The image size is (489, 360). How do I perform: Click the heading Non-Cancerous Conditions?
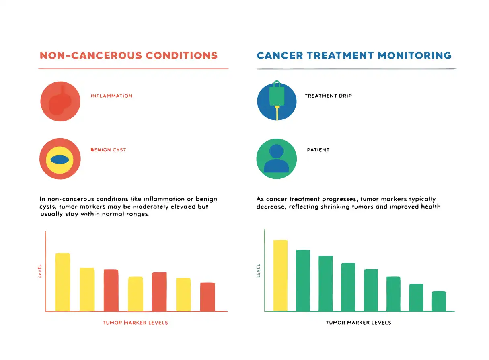click(x=129, y=55)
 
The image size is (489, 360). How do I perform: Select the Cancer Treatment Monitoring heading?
click(x=354, y=55)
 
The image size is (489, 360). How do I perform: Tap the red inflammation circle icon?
click(x=60, y=101)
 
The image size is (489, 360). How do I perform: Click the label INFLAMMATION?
click(x=111, y=96)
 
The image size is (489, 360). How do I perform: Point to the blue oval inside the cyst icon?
click(x=60, y=160)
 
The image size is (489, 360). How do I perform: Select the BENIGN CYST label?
click(x=108, y=150)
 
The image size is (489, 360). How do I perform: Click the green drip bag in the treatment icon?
click(x=277, y=96)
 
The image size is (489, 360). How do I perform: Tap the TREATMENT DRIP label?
click(x=328, y=96)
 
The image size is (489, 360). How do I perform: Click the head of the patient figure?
click(x=276, y=151)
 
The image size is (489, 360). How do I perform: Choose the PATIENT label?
click(x=318, y=150)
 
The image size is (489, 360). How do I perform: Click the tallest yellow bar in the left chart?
click(x=63, y=282)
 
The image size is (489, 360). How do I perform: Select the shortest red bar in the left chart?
click(x=208, y=297)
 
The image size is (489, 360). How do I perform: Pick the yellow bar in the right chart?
click(x=281, y=276)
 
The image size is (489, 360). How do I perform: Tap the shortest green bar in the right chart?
click(x=439, y=301)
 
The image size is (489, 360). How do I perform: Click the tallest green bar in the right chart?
click(x=303, y=280)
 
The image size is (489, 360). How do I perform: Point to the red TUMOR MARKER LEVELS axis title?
click(x=136, y=323)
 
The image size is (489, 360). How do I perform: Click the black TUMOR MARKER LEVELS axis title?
click(x=358, y=323)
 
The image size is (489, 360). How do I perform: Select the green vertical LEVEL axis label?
click(x=259, y=271)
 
